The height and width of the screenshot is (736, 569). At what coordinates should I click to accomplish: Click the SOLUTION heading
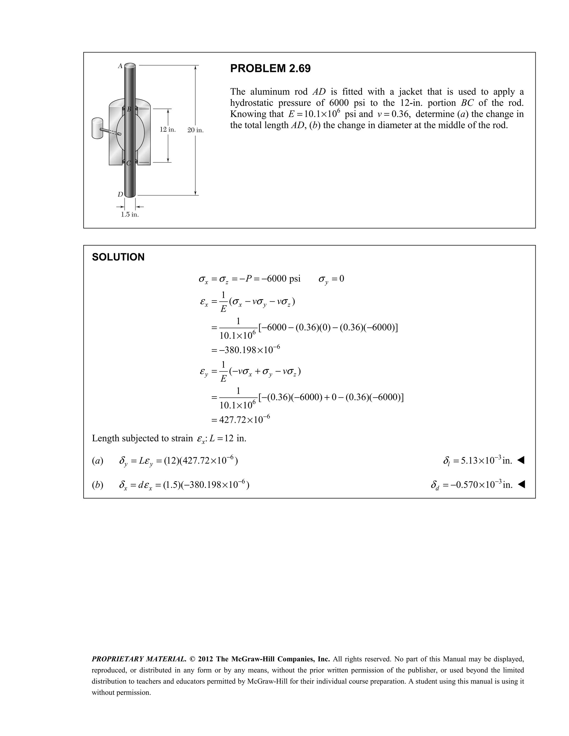click(x=118, y=257)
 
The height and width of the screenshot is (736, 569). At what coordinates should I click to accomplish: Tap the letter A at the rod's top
click(x=120, y=66)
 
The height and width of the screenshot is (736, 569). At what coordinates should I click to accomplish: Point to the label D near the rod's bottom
click(x=120, y=194)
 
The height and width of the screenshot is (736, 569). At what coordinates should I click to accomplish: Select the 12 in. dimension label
click(x=168, y=130)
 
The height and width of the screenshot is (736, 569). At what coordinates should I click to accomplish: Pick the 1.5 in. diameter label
click(x=130, y=215)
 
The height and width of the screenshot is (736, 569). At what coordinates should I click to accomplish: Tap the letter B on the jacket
click(x=129, y=109)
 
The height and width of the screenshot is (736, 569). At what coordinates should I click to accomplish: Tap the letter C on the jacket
click(x=128, y=163)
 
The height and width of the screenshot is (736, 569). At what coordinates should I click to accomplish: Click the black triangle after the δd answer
click(x=521, y=485)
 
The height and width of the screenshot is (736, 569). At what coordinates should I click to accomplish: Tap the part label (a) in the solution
click(x=98, y=461)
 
